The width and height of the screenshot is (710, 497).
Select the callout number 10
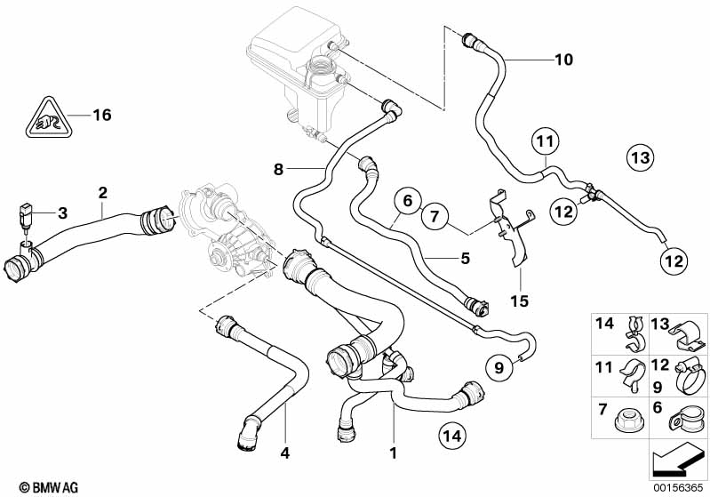click(563, 60)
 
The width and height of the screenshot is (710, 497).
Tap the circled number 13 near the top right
click(641, 157)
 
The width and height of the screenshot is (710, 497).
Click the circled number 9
click(499, 367)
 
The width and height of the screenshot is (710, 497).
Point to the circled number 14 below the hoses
click(452, 436)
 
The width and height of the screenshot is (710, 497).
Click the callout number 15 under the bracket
click(519, 301)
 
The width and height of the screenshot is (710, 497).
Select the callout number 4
click(285, 453)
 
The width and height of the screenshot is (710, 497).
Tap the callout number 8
click(278, 170)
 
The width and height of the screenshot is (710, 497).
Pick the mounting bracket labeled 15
click(512, 227)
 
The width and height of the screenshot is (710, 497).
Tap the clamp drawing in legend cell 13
click(686, 338)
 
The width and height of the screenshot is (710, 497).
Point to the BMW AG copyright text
click(49, 487)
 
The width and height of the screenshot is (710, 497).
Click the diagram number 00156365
click(678, 487)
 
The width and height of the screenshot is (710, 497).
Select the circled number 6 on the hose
click(408, 201)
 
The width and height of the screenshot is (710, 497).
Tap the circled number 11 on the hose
click(546, 141)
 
